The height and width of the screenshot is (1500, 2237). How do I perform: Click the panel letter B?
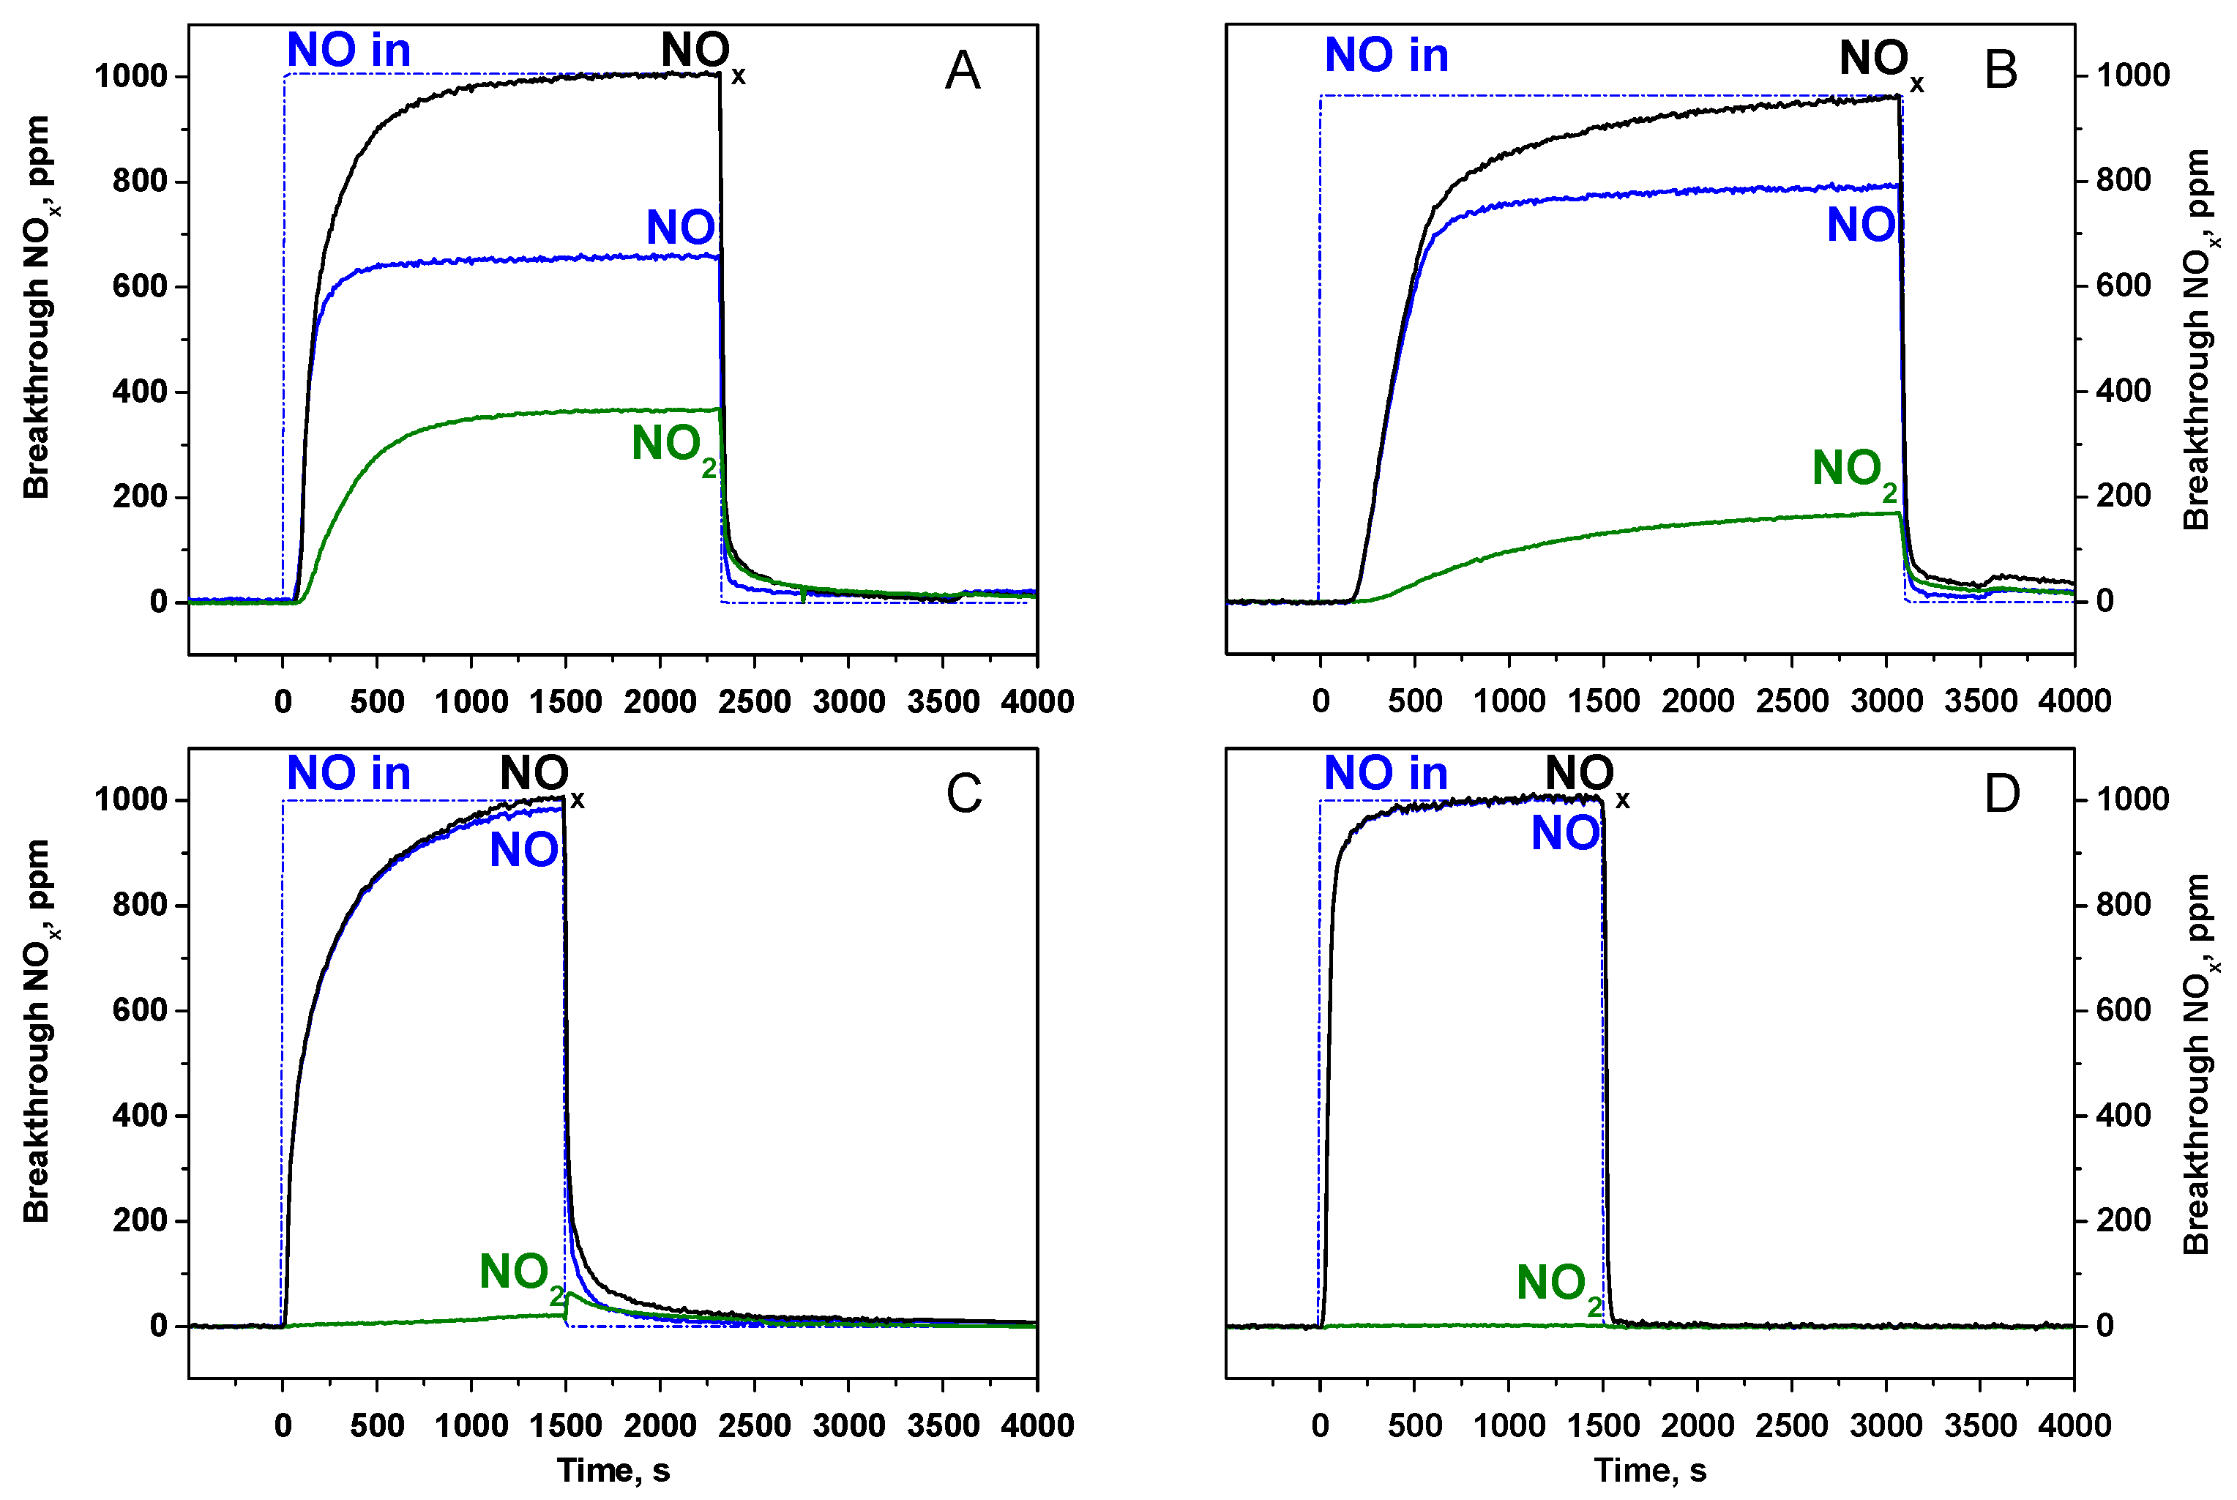tap(2001, 71)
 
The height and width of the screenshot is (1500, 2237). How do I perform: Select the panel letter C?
tap(963, 794)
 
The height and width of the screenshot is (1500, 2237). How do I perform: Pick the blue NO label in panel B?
tap(1860, 225)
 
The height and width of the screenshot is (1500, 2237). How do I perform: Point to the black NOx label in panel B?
tap(1878, 62)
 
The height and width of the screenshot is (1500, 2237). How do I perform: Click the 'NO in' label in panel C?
tap(348, 773)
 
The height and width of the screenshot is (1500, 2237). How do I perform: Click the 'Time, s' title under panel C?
tap(613, 1470)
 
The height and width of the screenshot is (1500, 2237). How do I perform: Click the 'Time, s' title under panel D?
tap(1650, 1470)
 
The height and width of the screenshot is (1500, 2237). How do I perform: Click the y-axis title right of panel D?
tap(2197, 1064)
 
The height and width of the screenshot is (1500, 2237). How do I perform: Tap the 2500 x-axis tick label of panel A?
tap(754, 702)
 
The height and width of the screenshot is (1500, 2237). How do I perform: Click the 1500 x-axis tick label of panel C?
tap(565, 1426)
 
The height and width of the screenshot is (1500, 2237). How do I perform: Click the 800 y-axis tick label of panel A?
tap(140, 181)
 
